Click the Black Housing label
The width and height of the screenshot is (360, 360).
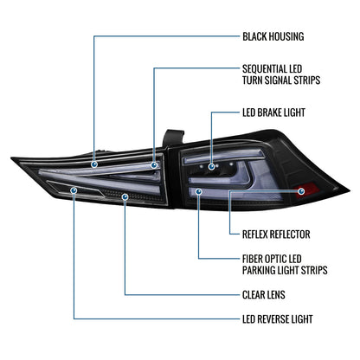click(x=273, y=36)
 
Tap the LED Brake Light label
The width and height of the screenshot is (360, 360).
click(x=273, y=112)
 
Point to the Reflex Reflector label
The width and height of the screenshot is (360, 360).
click(x=276, y=235)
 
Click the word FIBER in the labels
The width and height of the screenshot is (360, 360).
click(x=253, y=259)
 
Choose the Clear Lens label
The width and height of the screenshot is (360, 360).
click(x=264, y=295)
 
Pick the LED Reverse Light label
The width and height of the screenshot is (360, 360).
click(x=278, y=319)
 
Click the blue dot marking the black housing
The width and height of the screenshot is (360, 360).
click(x=94, y=164)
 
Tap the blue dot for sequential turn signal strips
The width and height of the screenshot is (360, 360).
click(x=154, y=165)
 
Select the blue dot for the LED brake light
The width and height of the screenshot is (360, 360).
click(x=212, y=166)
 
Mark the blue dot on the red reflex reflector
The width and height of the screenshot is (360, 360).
click(x=301, y=191)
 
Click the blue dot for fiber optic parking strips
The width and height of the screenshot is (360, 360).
click(x=198, y=191)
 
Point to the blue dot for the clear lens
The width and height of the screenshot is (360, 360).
click(x=125, y=196)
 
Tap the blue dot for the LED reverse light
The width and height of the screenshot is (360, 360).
click(x=74, y=190)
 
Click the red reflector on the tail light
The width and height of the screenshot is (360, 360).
click(x=307, y=190)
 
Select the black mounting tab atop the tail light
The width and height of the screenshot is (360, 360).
click(x=172, y=138)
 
